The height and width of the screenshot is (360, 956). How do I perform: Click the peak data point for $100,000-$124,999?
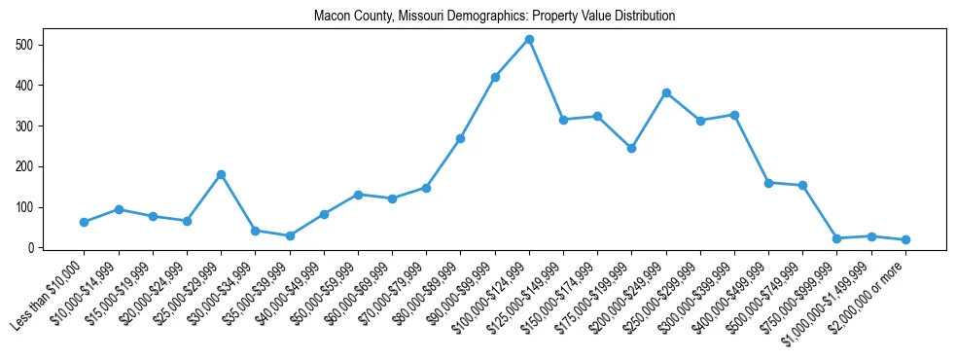coord(529,39)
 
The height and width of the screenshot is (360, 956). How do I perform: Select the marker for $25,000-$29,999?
coord(221,174)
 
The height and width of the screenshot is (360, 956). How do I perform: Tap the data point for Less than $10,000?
coord(84,222)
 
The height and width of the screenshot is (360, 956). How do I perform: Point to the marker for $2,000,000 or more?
coord(905,239)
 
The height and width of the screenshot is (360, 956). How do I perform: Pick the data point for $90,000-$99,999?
coord(495,77)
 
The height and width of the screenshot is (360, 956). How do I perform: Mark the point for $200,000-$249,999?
coord(666,92)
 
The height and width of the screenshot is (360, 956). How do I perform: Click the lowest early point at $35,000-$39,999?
coord(290,235)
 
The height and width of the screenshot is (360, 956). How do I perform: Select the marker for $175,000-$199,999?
coord(631,148)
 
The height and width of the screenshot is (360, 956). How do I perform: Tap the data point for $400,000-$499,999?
coord(768,182)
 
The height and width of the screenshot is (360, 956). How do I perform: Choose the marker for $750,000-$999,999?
coord(836,238)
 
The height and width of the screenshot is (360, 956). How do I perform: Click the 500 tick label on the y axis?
coord(25,45)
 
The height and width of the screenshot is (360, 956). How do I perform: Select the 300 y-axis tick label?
coord(25,126)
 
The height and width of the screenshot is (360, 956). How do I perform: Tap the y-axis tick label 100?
coord(25,207)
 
